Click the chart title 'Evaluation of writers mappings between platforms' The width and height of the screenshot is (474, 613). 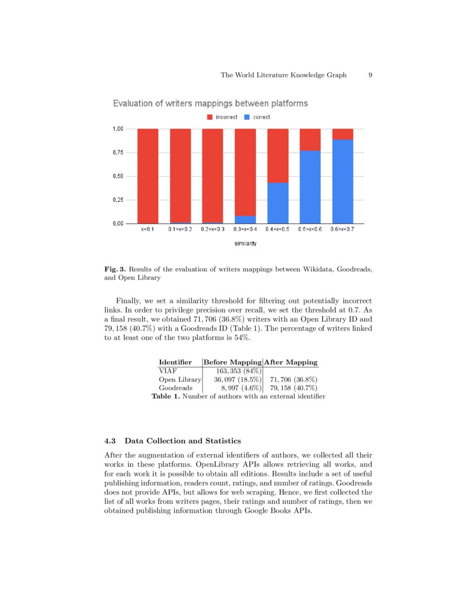pos(210,104)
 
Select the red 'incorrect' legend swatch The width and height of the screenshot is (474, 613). pos(210,117)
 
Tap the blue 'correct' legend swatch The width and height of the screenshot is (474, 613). pos(248,117)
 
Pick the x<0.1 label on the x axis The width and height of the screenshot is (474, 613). pos(148,229)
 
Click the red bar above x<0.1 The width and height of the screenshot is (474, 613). pos(148,176)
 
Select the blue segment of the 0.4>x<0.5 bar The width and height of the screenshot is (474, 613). pos(278,203)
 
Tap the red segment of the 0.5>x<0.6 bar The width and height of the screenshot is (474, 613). pos(310,140)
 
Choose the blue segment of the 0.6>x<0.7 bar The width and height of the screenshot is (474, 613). pos(342,182)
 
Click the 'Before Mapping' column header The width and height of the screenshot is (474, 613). pos(233,362)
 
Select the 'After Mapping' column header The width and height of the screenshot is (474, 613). pos(291,362)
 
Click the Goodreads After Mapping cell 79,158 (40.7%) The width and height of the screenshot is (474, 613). pos(293,388)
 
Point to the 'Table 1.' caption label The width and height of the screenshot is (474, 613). pos(166,397)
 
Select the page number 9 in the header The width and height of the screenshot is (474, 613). pos(370,75)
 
